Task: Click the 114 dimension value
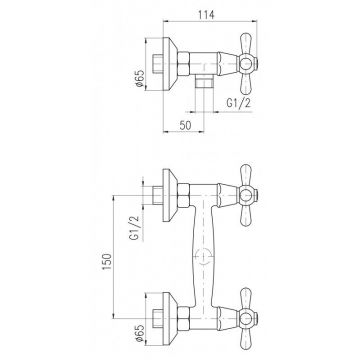pyautogui.click(x=206, y=15)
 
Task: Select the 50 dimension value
pyautogui.click(x=186, y=126)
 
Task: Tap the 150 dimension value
pyautogui.click(x=106, y=262)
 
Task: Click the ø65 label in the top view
pyautogui.click(x=139, y=79)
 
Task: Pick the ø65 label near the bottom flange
pyautogui.click(x=139, y=333)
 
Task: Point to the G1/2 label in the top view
pyautogui.click(x=238, y=104)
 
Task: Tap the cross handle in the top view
pyautogui.click(x=248, y=63)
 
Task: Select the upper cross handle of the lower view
pyautogui.click(x=248, y=195)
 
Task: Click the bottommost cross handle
pyautogui.click(x=248, y=319)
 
